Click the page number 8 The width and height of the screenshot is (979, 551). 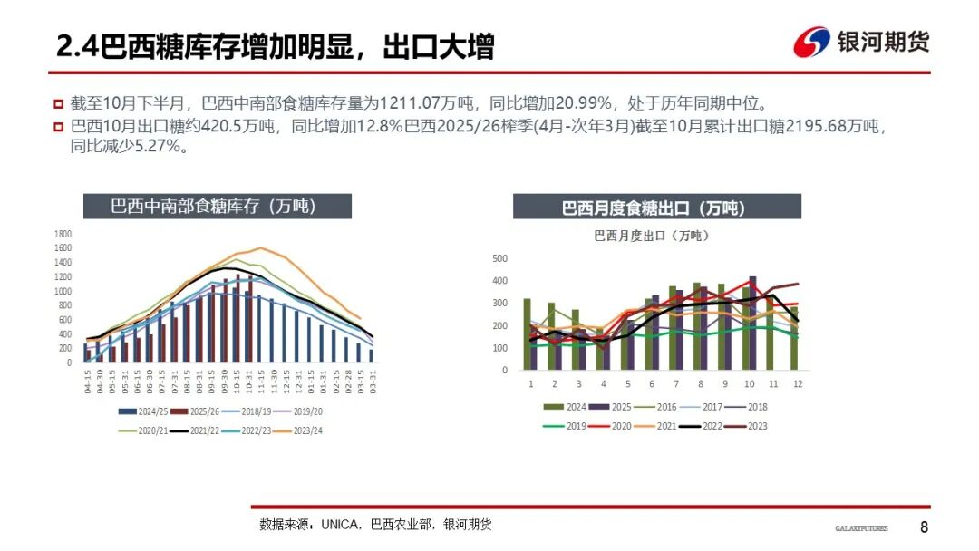click(924, 527)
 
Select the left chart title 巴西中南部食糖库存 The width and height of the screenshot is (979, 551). click(213, 206)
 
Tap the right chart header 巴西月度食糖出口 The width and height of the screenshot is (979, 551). click(656, 208)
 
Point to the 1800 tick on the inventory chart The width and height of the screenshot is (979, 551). click(63, 234)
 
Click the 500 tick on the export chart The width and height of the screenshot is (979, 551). click(499, 258)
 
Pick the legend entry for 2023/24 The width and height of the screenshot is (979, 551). click(303, 430)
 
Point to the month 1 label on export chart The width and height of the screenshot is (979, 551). click(530, 383)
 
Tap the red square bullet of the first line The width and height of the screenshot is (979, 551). click(58, 103)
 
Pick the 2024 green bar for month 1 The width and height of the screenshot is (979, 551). click(527, 333)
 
